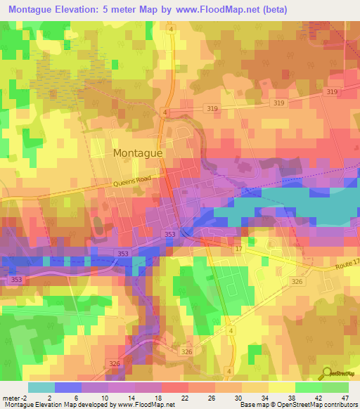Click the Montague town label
[138, 152]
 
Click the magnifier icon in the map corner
[327, 373]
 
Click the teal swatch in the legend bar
[41, 387]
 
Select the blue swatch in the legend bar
[67, 387]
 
